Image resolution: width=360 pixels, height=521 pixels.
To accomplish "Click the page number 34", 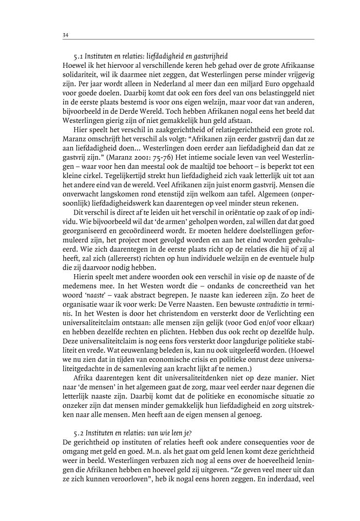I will point(66,35).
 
